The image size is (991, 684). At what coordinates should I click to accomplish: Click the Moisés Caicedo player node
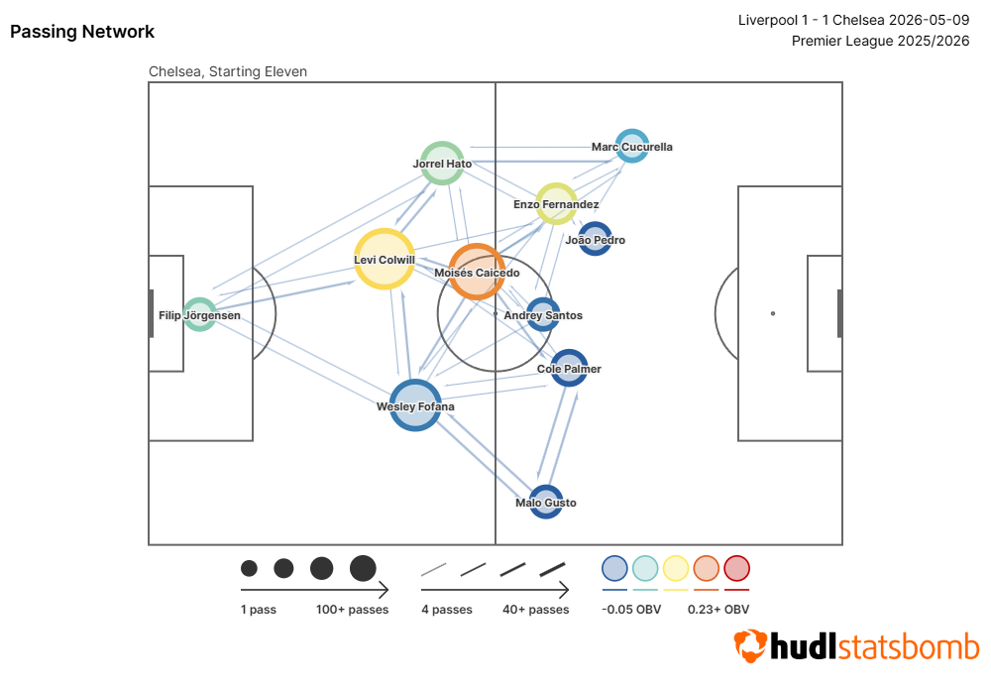(477, 272)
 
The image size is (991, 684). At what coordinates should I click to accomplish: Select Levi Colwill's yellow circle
(385, 259)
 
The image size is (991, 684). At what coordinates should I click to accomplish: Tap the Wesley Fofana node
(414, 405)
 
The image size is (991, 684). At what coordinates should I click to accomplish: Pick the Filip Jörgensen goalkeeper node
(200, 314)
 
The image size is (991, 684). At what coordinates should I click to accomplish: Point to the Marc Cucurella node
(632, 146)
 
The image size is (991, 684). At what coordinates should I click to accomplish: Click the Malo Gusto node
(545, 502)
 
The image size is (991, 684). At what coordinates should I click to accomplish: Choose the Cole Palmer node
(569, 368)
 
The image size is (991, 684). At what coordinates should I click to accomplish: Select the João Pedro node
(595, 239)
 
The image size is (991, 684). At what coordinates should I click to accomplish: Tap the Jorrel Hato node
(442, 164)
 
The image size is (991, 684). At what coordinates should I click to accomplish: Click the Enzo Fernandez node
(556, 203)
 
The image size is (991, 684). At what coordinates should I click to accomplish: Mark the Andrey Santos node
(542, 315)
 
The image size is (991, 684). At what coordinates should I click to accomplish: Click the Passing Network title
(82, 32)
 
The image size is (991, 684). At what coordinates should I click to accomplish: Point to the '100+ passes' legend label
(352, 610)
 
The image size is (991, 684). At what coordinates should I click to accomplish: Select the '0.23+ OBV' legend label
(717, 610)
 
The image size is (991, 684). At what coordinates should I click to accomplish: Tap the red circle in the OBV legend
(737, 568)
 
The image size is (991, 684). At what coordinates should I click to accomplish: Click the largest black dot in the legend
(363, 568)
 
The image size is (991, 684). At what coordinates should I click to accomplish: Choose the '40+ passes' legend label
(535, 610)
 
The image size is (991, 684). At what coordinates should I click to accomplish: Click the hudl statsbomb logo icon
(750, 645)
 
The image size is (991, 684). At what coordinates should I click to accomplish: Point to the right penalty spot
(772, 313)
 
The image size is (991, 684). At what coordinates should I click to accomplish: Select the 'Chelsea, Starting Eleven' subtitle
(228, 71)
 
